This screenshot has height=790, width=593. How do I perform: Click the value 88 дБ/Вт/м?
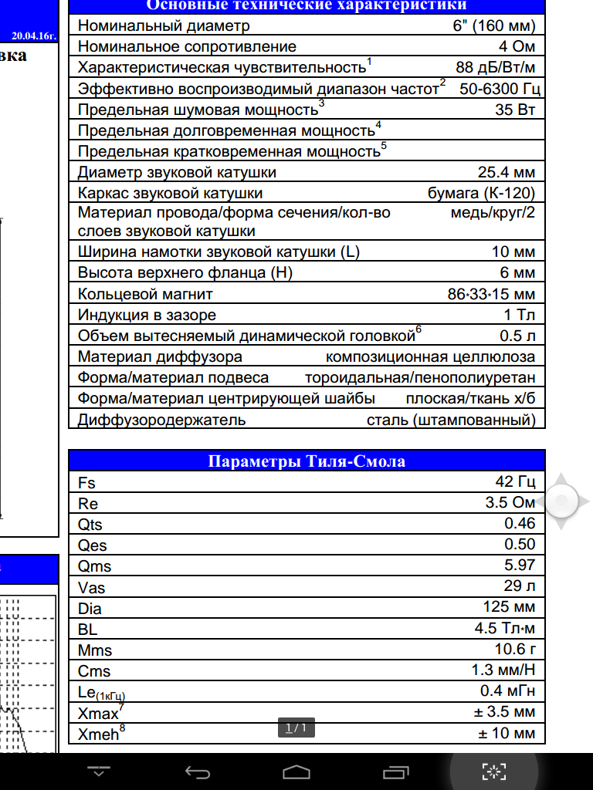tap(495, 66)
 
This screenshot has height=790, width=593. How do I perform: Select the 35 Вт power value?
tap(515, 109)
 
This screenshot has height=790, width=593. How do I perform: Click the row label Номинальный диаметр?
tap(164, 25)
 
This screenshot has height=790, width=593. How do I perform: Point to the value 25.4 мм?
tap(507, 172)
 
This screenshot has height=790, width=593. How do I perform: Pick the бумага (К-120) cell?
tap(481, 193)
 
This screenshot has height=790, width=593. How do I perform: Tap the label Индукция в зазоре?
tap(147, 315)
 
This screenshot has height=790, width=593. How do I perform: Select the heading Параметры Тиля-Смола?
tap(307, 461)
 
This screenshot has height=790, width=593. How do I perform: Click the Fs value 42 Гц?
tap(515, 482)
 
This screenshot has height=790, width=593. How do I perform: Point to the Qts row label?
tap(90, 525)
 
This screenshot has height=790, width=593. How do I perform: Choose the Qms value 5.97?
tap(520, 565)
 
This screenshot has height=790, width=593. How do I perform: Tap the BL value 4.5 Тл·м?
tap(505, 628)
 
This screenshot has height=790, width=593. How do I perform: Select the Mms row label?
tap(95, 650)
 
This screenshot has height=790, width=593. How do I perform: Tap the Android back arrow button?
tap(198, 771)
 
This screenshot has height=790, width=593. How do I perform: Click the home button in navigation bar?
tap(296, 771)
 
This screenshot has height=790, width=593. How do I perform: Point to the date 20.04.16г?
tap(33, 35)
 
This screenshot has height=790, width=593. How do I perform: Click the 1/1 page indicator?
tap(296, 728)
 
